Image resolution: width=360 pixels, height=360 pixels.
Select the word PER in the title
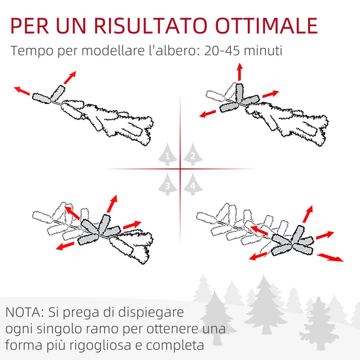32,26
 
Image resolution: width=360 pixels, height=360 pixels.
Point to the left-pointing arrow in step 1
22,91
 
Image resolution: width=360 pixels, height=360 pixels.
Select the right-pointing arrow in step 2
271,94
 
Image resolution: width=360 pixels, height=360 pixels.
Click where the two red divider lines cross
180,169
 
